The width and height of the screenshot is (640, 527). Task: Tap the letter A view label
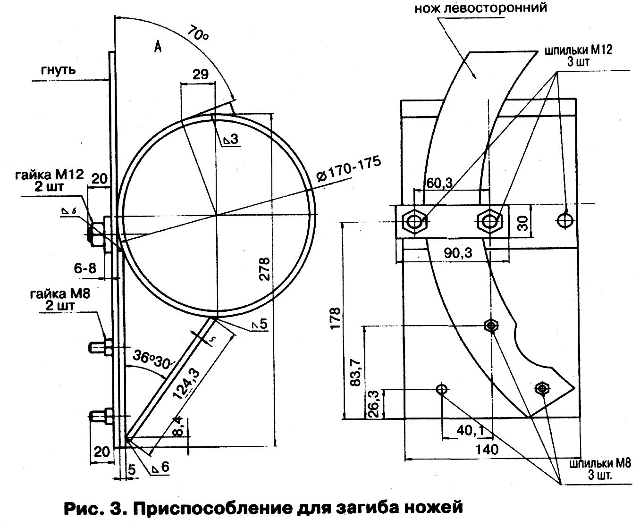(x=158, y=47)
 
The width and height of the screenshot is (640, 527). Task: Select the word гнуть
(x=58, y=70)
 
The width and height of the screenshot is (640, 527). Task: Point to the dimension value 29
(x=201, y=74)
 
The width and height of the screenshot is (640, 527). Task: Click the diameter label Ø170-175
(x=349, y=168)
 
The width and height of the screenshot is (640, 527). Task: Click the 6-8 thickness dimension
(x=85, y=268)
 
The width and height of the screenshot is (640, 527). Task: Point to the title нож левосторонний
(x=481, y=8)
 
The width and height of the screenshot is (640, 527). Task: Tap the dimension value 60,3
(x=439, y=182)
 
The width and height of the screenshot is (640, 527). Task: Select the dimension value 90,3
(x=458, y=253)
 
